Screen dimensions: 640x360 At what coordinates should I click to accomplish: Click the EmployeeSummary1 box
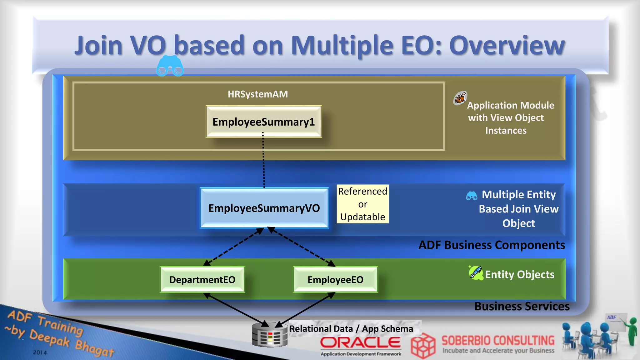point(264,122)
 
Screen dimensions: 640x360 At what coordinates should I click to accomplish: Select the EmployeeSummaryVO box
point(264,208)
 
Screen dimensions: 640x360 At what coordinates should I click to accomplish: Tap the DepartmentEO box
point(202,279)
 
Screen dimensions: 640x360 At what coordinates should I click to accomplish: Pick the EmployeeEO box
point(335,279)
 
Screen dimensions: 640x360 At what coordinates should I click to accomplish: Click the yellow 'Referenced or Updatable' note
point(362,204)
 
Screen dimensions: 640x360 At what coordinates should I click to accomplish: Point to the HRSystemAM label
point(258,94)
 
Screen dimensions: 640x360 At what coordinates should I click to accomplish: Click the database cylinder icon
point(270,335)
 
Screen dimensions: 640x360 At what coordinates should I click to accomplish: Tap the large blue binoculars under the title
point(170,66)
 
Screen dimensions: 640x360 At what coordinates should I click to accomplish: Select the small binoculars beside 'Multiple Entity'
point(472,196)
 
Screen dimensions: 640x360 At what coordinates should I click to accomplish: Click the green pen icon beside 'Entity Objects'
point(476,273)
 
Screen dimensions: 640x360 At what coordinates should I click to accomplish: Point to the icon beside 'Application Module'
point(460,98)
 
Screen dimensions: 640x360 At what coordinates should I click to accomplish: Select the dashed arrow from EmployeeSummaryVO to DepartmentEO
point(233,247)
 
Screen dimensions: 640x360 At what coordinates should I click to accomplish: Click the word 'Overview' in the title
point(507,45)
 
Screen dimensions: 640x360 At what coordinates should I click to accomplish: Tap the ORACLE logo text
point(360,343)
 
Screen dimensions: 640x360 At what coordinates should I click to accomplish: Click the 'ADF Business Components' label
point(492,245)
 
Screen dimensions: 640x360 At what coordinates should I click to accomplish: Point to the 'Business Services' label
point(522,306)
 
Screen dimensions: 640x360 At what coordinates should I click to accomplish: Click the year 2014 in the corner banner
point(40,352)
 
